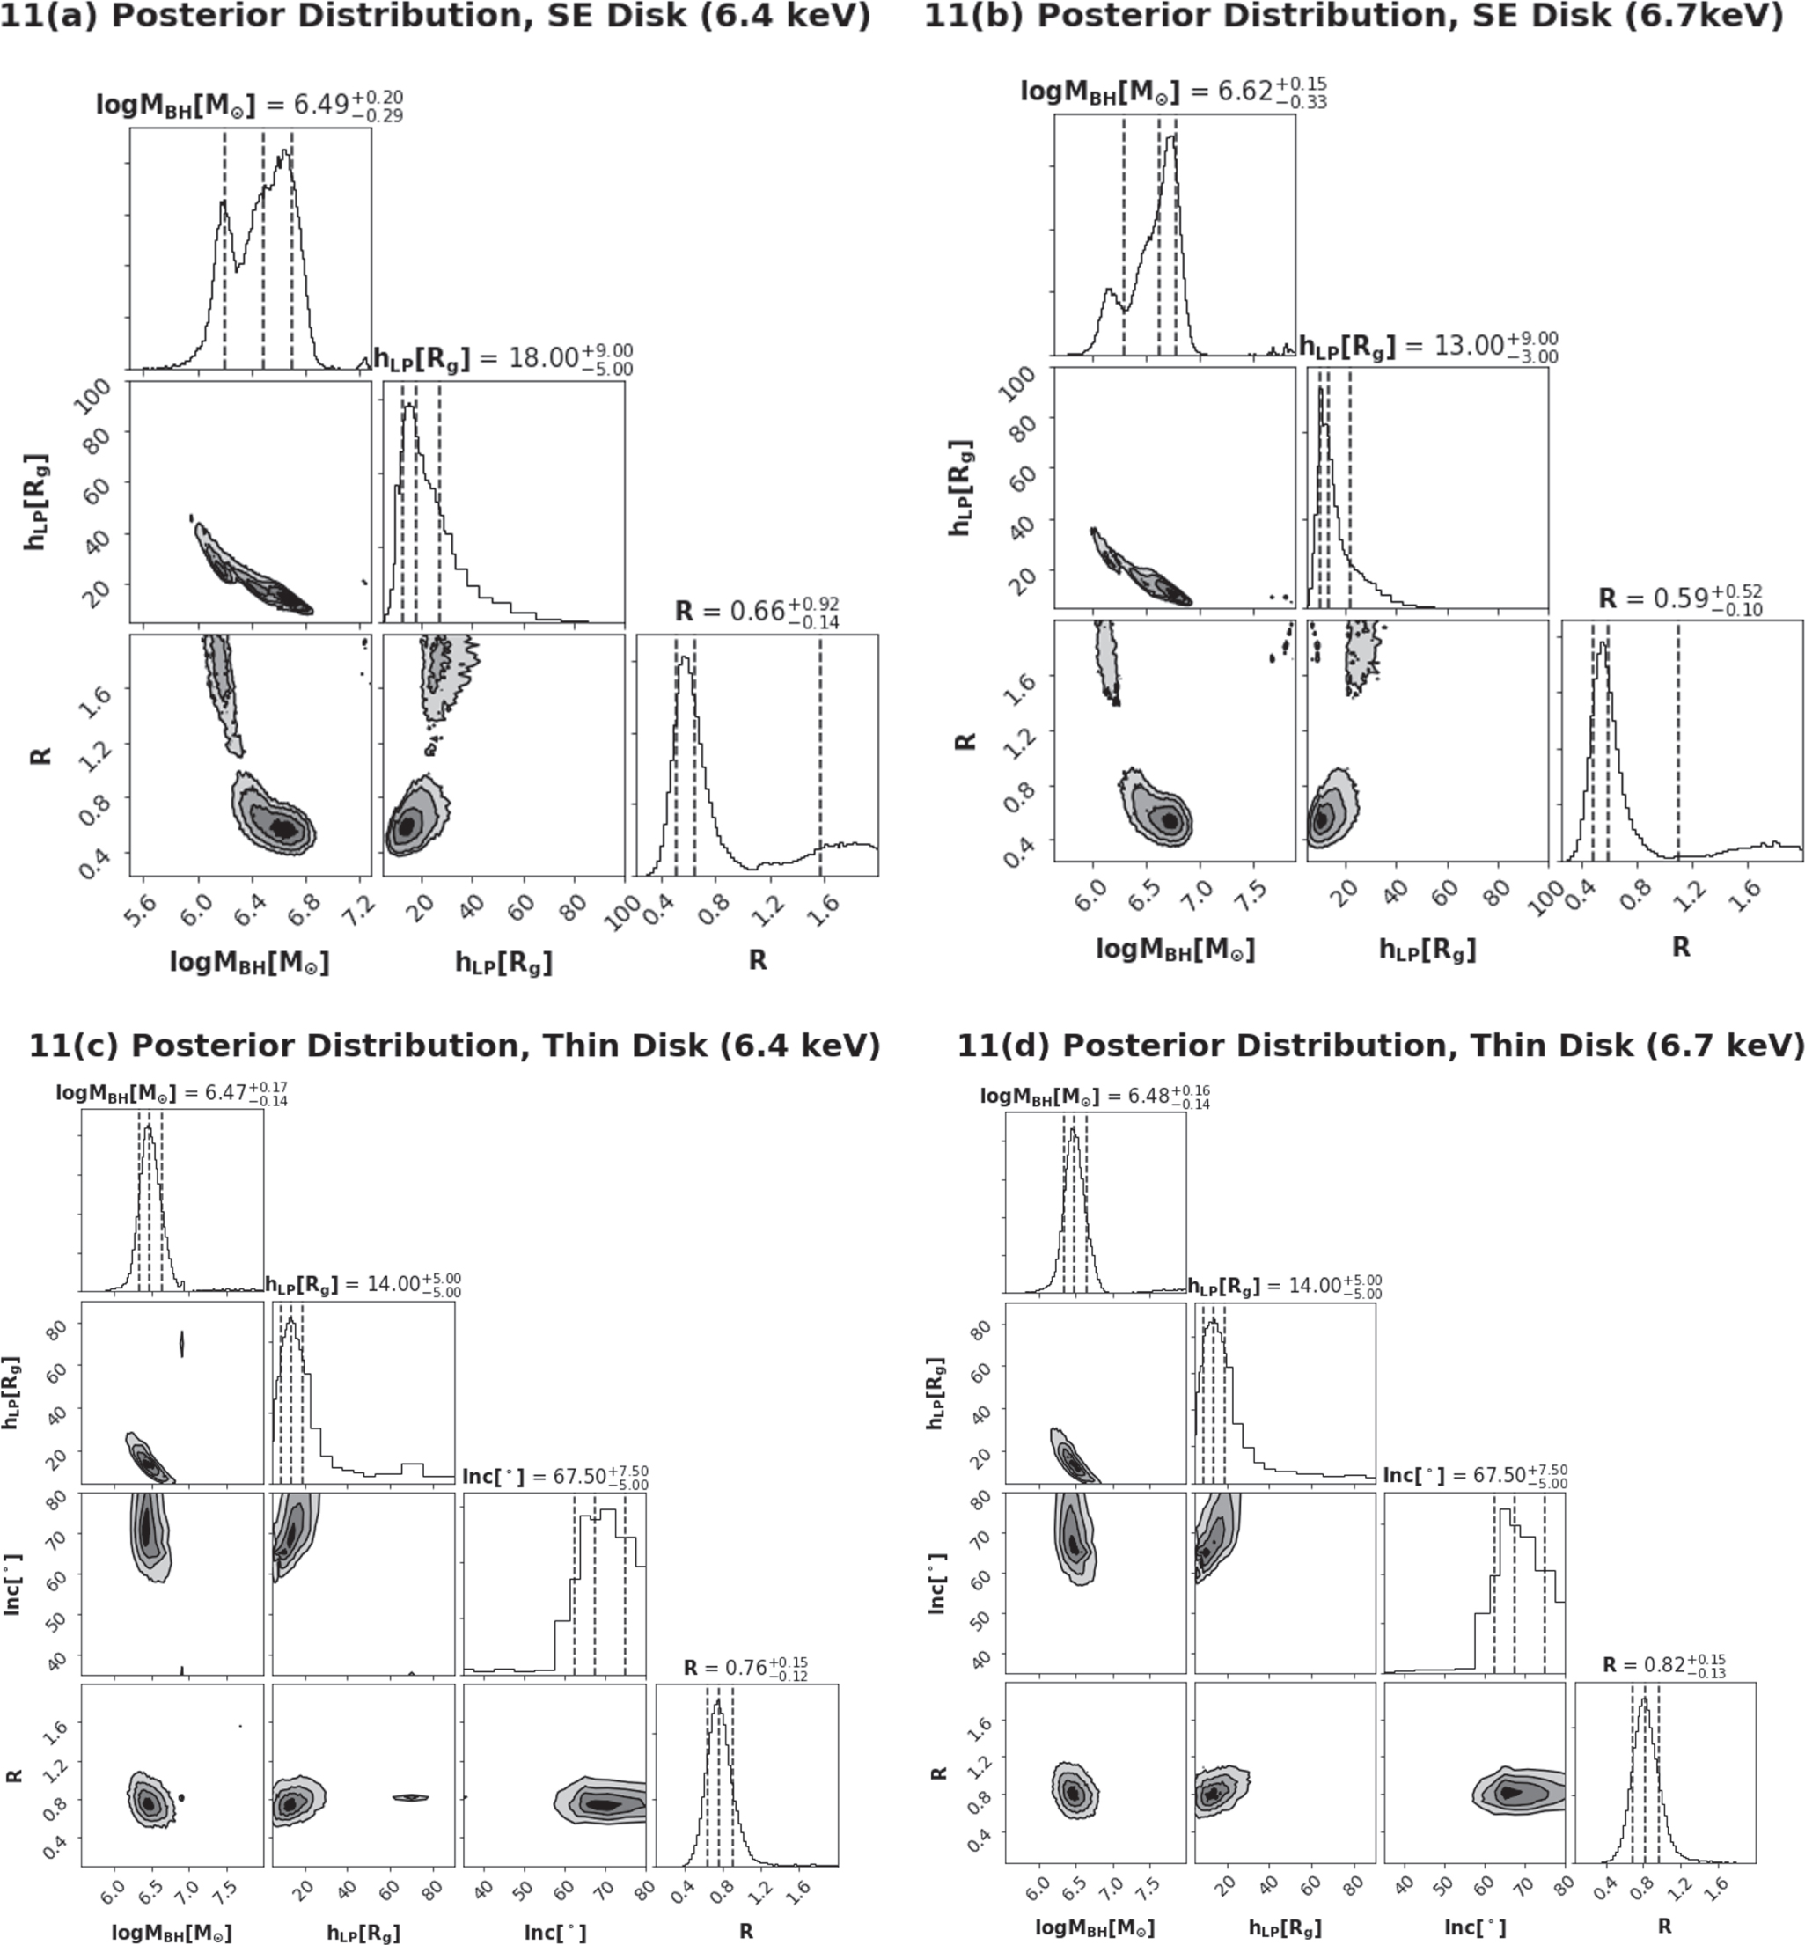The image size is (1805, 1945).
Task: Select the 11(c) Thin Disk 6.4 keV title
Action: [454, 1046]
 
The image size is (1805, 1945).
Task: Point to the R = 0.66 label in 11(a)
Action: [757, 612]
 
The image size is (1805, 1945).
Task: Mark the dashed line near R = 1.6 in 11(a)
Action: [820, 762]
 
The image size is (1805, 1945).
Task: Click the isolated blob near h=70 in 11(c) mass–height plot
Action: [181, 1345]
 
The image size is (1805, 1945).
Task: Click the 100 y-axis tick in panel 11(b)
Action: [1016, 385]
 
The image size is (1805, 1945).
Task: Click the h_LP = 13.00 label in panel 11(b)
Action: [1428, 347]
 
